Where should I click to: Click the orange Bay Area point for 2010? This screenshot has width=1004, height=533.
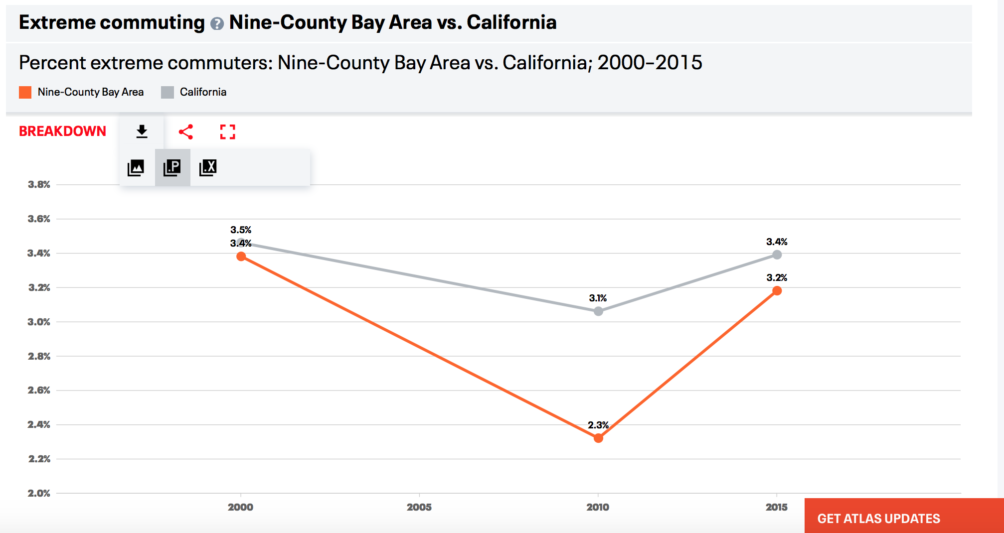(x=598, y=438)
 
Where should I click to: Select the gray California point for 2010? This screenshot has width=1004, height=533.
(x=598, y=311)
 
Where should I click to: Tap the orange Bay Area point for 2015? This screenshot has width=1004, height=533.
(x=777, y=291)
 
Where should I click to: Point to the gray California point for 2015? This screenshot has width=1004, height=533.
(x=777, y=255)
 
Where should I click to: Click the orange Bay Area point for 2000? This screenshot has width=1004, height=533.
(x=241, y=257)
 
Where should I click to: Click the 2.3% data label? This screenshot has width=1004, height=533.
(x=598, y=425)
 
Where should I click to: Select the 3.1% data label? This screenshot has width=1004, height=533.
(x=598, y=298)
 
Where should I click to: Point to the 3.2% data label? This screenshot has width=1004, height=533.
(x=777, y=277)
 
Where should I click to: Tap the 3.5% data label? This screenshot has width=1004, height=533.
(x=241, y=230)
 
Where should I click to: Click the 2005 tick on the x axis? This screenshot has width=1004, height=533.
(x=419, y=507)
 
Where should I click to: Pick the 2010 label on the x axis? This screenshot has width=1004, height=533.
(x=598, y=507)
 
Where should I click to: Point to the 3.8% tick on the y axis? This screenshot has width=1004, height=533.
(x=39, y=184)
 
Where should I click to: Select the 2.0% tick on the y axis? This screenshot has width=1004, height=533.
(x=39, y=493)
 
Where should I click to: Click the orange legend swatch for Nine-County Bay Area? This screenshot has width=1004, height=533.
(x=25, y=92)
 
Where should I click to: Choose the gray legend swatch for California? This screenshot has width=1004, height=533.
(x=167, y=92)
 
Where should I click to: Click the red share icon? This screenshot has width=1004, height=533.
(x=186, y=132)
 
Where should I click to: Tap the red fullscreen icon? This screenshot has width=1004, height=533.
(x=227, y=132)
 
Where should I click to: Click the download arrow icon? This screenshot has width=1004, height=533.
(x=142, y=132)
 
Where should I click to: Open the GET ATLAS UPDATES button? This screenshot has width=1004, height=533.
(x=878, y=518)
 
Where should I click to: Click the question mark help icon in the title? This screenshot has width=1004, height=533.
(x=217, y=23)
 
